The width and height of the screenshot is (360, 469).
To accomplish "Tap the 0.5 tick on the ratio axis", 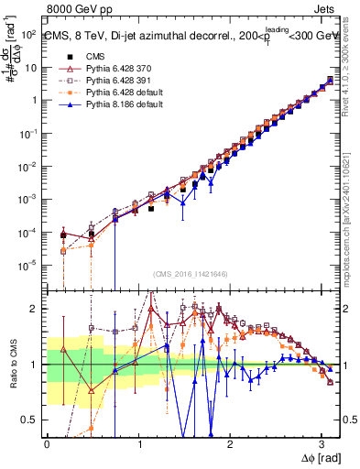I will pyautogui.click(x=31, y=420).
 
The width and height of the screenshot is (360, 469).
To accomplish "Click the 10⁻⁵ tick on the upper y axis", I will pyautogui.click(x=28, y=265).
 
